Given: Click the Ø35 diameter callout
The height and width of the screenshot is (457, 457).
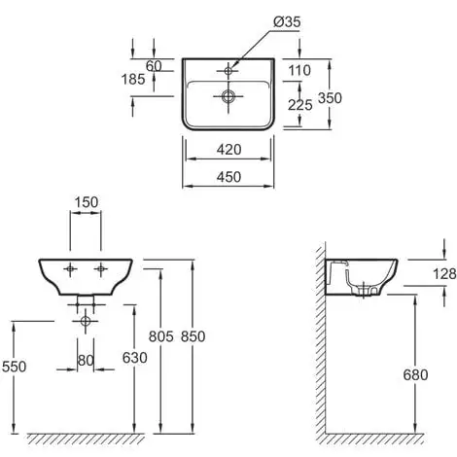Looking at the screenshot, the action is pos(287,22).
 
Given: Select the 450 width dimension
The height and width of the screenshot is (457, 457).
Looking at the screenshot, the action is pos(228,177).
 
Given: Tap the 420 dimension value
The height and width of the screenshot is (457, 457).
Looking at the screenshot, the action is pos(228,150).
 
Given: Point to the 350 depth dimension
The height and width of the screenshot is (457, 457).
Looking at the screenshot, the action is pos(330,98).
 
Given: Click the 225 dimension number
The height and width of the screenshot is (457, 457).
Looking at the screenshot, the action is pos(300,105).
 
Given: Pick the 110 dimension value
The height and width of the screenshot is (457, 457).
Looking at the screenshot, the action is pos(299,70).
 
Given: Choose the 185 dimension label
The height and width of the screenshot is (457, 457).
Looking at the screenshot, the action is pos(133,80).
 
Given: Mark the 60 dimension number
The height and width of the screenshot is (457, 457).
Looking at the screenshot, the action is pos(154,66).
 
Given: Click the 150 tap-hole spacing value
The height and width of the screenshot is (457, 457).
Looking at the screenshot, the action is pos(87,202).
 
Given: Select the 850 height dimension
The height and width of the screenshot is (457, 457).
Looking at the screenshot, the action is pos(193,336).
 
